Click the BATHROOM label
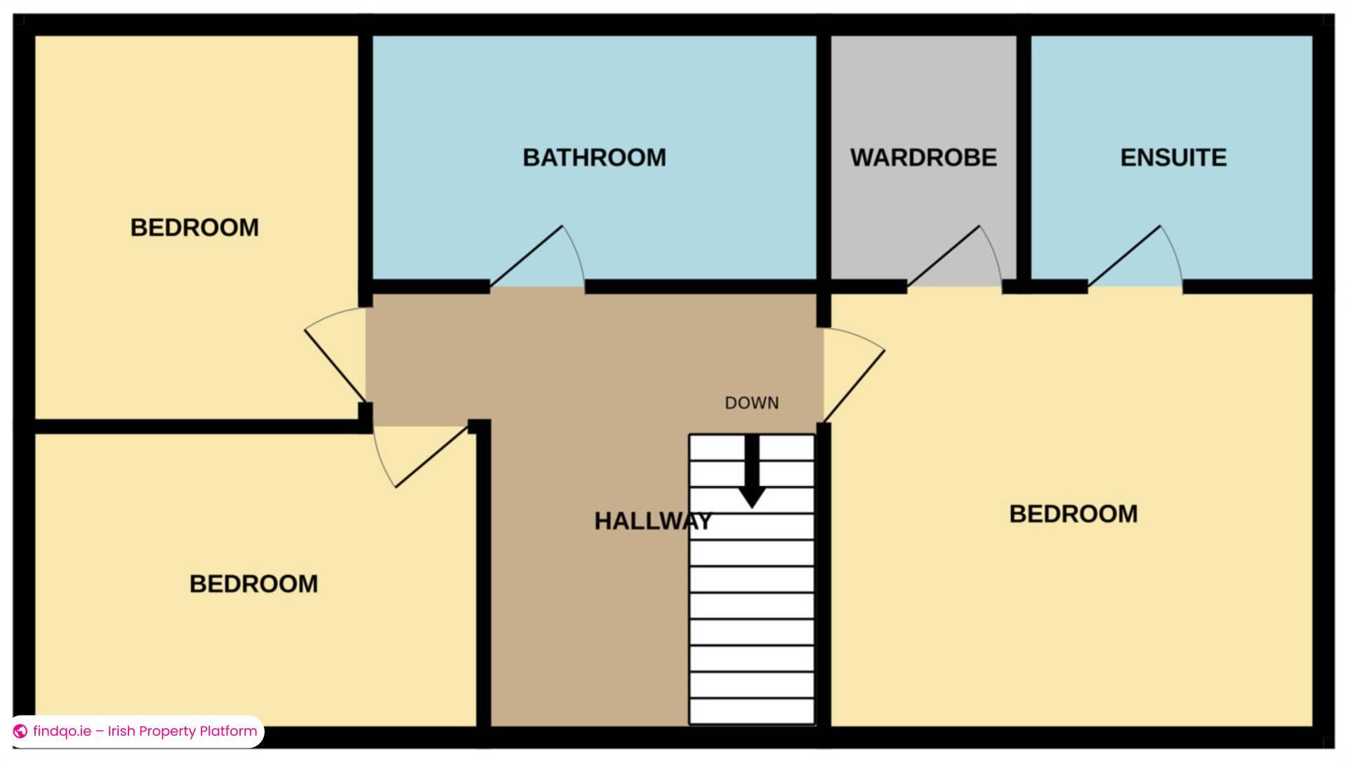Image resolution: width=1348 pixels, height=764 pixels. [x=594, y=157]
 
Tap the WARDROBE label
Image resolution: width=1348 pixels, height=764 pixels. [x=923, y=157]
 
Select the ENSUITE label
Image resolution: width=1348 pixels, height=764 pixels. [x=1173, y=157]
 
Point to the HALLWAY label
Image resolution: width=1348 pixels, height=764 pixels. [x=653, y=521]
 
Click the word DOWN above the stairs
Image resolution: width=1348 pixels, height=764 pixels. [x=752, y=403]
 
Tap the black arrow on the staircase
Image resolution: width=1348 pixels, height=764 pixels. [x=752, y=471]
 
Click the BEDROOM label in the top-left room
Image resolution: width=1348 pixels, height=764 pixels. [x=194, y=228]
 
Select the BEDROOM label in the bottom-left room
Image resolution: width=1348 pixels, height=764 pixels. [x=253, y=584]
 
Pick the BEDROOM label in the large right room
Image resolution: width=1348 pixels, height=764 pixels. [x=1073, y=514]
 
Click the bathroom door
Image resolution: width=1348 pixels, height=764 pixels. [x=527, y=256]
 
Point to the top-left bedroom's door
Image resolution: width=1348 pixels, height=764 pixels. [x=335, y=365]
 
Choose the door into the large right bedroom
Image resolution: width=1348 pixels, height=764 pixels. [x=854, y=386]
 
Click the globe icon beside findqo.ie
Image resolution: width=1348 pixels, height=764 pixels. [x=20, y=731]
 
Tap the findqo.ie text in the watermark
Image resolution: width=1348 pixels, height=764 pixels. [x=62, y=731]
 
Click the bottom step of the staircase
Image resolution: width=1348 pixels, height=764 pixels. [x=752, y=711]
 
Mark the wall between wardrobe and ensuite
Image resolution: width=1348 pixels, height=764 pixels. [x=1024, y=157]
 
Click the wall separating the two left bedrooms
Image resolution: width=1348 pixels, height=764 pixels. [x=197, y=426]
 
